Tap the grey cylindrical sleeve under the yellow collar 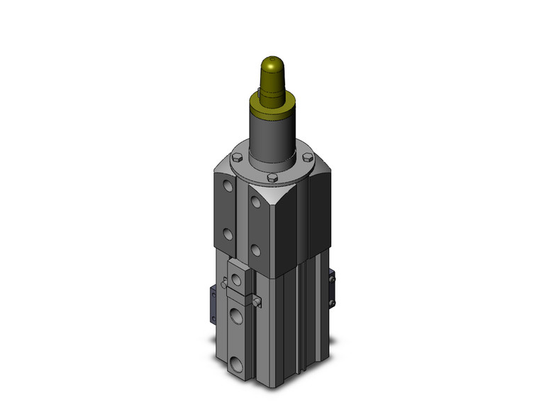(271, 139)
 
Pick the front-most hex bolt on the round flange (272, 178)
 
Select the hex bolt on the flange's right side (307, 157)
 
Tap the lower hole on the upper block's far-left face (226, 234)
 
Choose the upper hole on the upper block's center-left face (255, 203)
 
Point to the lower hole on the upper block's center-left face (255, 250)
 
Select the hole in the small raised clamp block (236, 278)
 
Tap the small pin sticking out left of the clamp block (223, 285)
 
